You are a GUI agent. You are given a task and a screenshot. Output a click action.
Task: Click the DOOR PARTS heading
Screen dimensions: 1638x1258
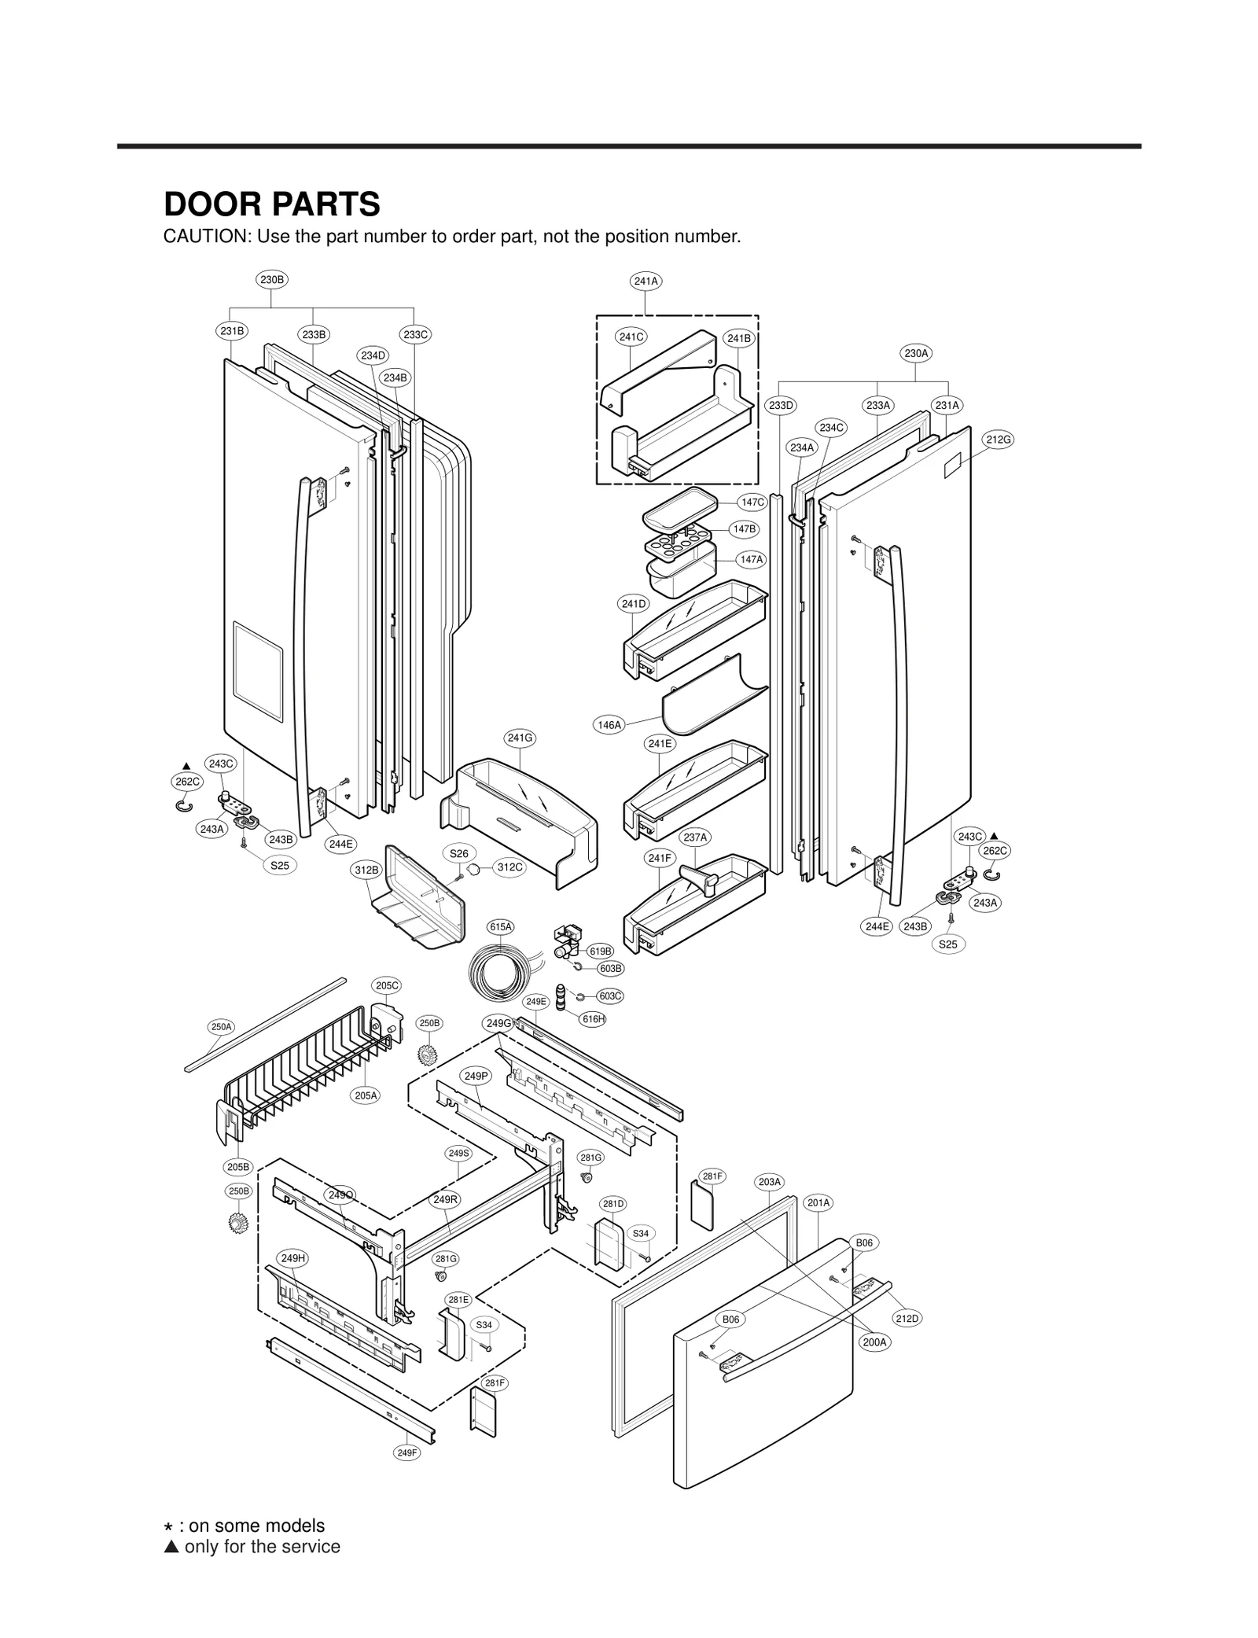tap(271, 204)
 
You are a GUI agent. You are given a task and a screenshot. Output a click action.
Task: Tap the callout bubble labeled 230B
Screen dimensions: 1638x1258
tap(272, 279)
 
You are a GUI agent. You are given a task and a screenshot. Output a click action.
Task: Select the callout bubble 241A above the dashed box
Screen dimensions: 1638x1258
tap(646, 281)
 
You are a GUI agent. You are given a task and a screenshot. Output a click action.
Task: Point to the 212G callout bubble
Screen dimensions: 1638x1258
tap(998, 439)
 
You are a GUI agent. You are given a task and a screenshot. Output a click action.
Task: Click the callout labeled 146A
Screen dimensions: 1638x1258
tap(609, 725)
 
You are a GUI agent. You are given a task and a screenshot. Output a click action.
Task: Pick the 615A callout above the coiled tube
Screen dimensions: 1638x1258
tap(501, 927)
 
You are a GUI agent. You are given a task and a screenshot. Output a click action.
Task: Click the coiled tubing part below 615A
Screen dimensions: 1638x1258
tap(493, 977)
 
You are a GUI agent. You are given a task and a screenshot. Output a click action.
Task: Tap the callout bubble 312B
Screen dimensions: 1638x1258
tap(366, 871)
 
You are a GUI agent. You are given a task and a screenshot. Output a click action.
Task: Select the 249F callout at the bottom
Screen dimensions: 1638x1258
tap(406, 1452)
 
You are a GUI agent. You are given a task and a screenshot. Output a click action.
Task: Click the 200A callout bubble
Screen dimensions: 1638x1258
tap(874, 1342)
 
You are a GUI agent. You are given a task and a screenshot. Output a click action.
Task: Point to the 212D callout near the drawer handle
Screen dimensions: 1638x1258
tap(907, 1318)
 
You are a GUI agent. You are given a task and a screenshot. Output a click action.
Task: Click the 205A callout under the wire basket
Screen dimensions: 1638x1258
tap(366, 1095)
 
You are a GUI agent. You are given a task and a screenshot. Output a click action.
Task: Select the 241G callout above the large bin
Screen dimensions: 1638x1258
tap(520, 738)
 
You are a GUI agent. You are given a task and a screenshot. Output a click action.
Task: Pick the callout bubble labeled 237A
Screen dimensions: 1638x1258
tap(695, 837)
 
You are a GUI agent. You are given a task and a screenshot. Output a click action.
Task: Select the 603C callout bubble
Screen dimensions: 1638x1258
tap(610, 996)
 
